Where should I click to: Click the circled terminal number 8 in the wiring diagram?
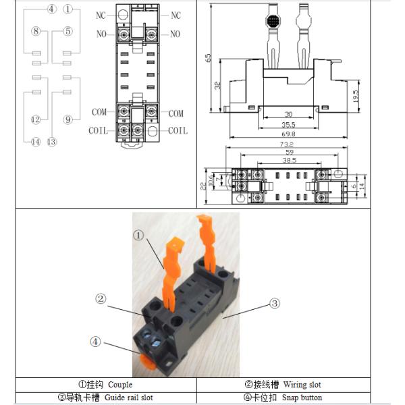35,31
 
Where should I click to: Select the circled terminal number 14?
35,142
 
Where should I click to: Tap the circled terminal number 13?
51,142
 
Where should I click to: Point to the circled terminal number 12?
35,120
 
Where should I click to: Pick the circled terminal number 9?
67,120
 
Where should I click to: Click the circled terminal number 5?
67,31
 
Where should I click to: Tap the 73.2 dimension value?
286,144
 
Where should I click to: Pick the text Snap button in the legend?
302,398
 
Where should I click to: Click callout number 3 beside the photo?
275,304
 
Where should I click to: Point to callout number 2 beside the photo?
100,298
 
